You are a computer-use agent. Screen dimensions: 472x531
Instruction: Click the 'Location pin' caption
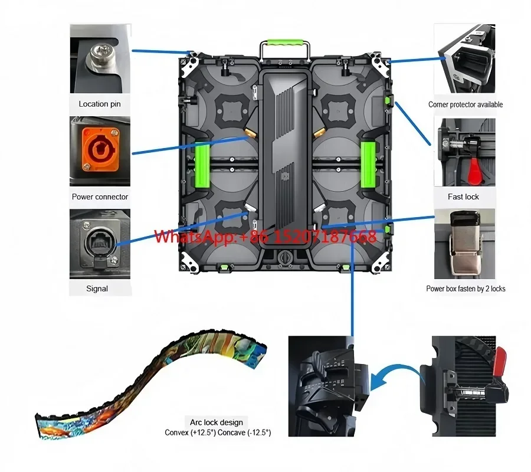point(100,104)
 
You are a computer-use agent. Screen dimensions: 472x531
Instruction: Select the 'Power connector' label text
point(100,196)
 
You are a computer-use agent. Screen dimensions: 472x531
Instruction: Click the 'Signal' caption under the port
point(97,289)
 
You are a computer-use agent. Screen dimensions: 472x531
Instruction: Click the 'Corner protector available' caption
point(466,104)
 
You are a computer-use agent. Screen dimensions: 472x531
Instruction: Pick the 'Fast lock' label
point(464,196)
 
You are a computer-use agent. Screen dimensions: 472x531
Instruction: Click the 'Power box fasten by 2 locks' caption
point(466,289)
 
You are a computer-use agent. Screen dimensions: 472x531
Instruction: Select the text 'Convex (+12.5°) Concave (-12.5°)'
point(218,432)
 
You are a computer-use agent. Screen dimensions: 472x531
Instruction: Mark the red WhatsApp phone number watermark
point(265,237)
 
